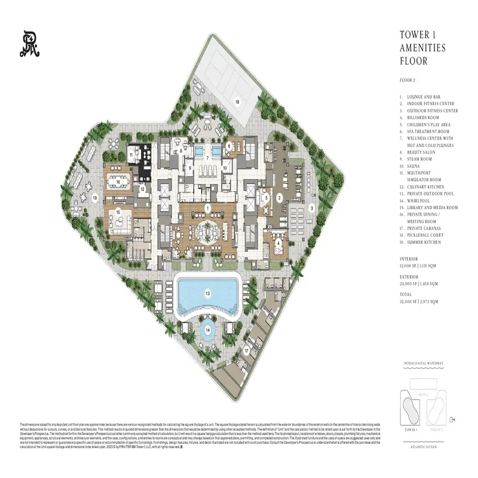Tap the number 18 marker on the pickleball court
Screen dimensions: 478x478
[x=237, y=102]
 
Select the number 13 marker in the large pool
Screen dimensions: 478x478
[x=208, y=293]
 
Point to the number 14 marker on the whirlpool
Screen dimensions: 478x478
[x=207, y=329]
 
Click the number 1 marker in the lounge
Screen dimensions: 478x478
[x=207, y=209]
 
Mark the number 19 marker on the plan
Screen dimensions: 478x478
[x=94, y=198]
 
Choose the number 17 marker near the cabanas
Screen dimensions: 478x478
[x=246, y=351]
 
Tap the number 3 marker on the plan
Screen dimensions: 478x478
[x=311, y=208]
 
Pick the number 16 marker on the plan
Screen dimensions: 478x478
[x=118, y=182]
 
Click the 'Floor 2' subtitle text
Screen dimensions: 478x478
[x=407, y=79]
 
